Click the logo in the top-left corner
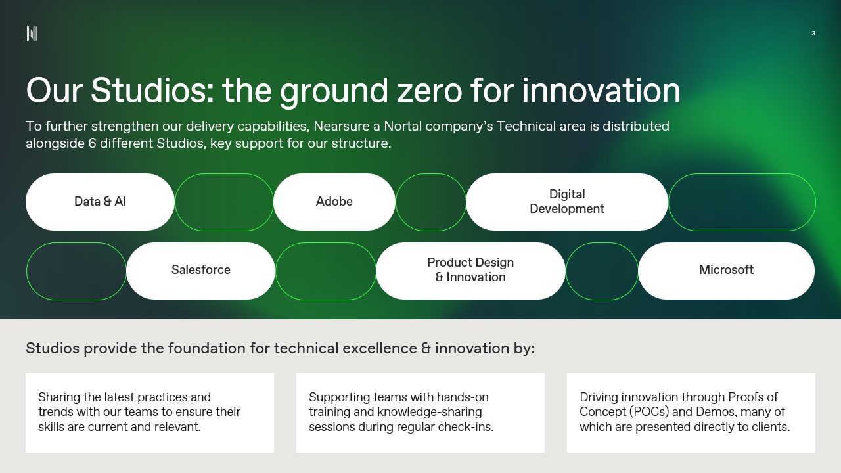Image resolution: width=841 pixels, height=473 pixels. [x=31, y=34]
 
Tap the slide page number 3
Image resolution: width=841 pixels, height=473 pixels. [x=813, y=34]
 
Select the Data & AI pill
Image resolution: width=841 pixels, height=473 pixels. [x=100, y=202]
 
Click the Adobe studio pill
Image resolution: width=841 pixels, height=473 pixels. [x=334, y=202]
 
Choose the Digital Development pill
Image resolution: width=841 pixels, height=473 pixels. [x=567, y=202]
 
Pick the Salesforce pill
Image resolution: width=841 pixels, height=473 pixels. [x=201, y=271]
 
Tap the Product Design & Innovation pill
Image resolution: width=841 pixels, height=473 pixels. [x=470, y=271]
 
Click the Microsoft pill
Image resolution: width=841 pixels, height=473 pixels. [x=726, y=271]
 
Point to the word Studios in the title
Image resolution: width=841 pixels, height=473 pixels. [x=152, y=90]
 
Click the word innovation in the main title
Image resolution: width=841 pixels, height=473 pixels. [x=601, y=90]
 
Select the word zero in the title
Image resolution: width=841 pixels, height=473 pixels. [x=430, y=92]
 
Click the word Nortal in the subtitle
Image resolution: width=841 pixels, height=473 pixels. [x=403, y=126]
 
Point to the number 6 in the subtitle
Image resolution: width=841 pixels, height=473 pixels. [x=92, y=143]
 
